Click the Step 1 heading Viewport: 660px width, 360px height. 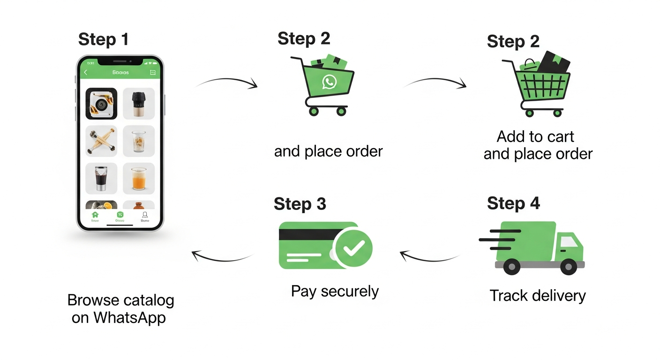pyautogui.click(x=103, y=39)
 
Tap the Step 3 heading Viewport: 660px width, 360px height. pyautogui.click(x=300, y=204)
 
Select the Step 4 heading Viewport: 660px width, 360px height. pyautogui.click(x=513, y=203)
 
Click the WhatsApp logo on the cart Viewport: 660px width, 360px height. pyautogui.click(x=329, y=82)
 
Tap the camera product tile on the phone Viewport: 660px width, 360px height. pyautogui.click(x=101, y=104)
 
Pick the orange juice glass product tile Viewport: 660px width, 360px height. pyautogui.click(x=139, y=179)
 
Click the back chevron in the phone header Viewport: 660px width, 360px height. pyautogui.click(x=85, y=72)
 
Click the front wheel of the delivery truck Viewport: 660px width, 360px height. pyautogui.click(x=569, y=267)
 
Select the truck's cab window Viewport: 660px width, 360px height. pyautogui.click(x=570, y=241)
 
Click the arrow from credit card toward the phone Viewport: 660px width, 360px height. pyautogui.click(x=222, y=257)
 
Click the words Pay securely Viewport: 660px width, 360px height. pyautogui.click(x=335, y=291)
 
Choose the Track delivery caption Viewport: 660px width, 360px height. pyautogui.click(x=538, y=296)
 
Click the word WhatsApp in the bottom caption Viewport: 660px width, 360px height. pyautogui.click(x=129, y=317)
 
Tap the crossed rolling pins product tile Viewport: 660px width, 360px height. pyautogui.click(x=101, y=141)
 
